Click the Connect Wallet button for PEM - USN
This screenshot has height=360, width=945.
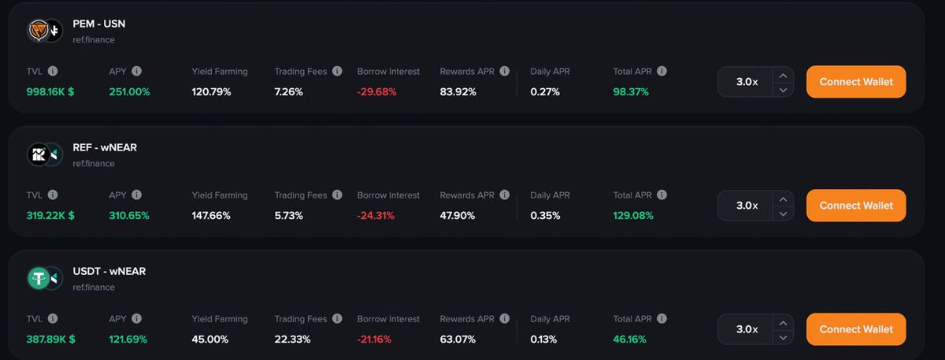(x=856, y=82)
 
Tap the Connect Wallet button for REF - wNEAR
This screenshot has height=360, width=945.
(x=856, y=206)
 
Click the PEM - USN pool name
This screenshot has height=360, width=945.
(x=98, y=24)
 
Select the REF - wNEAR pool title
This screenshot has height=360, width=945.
(x=105, y=147)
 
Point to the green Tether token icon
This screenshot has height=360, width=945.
(x=39, y=277)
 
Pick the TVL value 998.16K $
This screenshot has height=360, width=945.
(x=50, y=92)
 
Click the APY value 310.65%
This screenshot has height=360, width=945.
(x=129, y=216)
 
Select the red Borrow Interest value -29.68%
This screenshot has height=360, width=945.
(x=376, y=92)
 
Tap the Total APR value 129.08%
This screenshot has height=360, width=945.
(x=633, y=216)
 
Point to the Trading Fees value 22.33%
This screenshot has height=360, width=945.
(x=292, y=340)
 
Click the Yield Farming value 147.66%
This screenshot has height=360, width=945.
(x=211, y=216)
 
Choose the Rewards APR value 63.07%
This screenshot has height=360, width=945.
(x=458, y=340)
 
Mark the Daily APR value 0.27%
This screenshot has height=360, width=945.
(x=545, y=92)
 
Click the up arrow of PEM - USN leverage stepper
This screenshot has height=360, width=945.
(x=782, y=76)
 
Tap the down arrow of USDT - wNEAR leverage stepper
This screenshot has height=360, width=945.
(x=782, y=337)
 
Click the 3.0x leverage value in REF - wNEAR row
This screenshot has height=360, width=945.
(x=747, y=206)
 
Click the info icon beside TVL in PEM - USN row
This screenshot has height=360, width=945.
(x=53, y=71)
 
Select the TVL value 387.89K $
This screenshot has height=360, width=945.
(x=50, y=340)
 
